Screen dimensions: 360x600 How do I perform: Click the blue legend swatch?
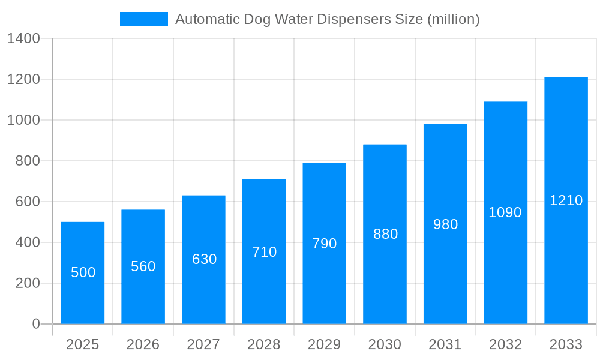click(144, 19)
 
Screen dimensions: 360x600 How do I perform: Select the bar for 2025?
click(83, 273)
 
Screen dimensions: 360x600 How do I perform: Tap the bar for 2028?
click(264, 251)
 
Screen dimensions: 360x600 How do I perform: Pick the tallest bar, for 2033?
click(566, 200)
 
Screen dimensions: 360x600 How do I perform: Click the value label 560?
click(143, 266)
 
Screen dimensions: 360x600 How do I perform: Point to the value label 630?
click(204, 259)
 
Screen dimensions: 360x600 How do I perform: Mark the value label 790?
click(325, 244)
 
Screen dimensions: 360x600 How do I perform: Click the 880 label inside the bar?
click(385, 234)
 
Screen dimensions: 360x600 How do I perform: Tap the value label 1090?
click(505, 212)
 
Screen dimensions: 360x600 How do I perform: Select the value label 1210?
click(566, 200)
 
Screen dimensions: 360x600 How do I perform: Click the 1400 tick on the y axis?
click(23, 39)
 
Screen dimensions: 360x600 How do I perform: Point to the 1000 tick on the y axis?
click(23, 120)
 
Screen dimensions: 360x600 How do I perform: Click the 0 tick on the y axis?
click(35, 324)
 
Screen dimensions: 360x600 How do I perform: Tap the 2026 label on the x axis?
click(143, 344)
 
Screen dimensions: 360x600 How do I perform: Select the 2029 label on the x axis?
click(325, 344)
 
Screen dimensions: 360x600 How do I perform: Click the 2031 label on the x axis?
click(445, 344)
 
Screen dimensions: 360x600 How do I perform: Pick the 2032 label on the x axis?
click(505, 344)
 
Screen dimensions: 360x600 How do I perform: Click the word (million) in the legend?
click(453, 19)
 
